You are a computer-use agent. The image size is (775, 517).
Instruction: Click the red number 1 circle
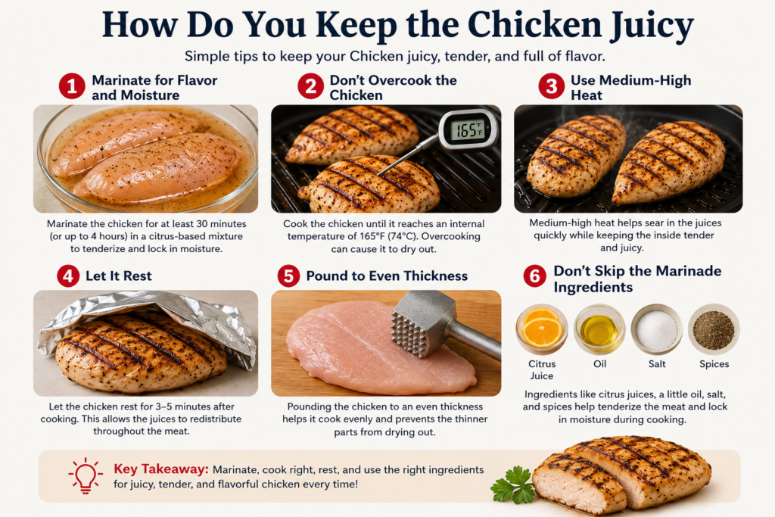[x=72, y=86]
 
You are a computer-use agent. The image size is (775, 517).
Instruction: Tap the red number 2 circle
[x=310, y=86]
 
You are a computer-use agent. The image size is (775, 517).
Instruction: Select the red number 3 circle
[x=552, y=86]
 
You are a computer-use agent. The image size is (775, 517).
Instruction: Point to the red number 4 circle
[x=68, y=276]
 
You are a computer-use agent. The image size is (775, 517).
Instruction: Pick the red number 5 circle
[x=288, y=276]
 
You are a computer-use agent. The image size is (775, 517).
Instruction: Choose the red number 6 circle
[x=535, y=276]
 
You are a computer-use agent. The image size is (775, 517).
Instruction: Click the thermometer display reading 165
[x=467, y=130]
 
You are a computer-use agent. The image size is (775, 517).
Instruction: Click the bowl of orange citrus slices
[x=542, y=329]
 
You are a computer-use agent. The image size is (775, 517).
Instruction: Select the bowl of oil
[x=599, y=329]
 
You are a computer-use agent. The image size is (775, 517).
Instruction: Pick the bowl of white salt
[x=657, y=329]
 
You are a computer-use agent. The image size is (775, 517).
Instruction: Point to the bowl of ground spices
[x=714, y=329]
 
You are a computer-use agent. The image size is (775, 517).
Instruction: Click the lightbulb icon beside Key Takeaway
[x=86, y=475]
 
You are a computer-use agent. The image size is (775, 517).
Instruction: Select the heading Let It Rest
[x=119, y=276]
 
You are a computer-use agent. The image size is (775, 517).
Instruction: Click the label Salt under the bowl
[x=657, y=364]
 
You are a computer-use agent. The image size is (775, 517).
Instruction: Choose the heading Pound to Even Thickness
[x=387, y=276]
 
